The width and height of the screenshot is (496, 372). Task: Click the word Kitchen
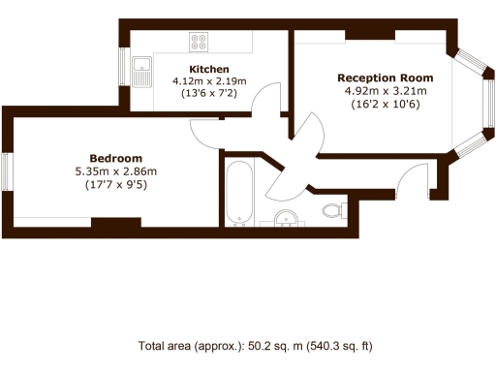click(x=208, y=69)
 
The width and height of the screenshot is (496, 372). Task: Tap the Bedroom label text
click(x=115, y=158)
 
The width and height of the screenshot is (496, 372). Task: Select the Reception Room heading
click(x=385, y=77)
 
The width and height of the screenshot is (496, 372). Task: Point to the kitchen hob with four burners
click(x=200, y=42)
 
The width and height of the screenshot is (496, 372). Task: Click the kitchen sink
click(x=142, y=71)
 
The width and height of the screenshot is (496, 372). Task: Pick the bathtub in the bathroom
click(x=238, y=193)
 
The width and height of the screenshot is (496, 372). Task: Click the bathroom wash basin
click(x=285, y=219)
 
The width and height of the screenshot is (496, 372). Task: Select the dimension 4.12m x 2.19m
click(x=208, y=81)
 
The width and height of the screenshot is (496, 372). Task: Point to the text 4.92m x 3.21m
click(x=385, y=91)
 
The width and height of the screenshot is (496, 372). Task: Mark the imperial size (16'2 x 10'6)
click(x=385, y=105)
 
